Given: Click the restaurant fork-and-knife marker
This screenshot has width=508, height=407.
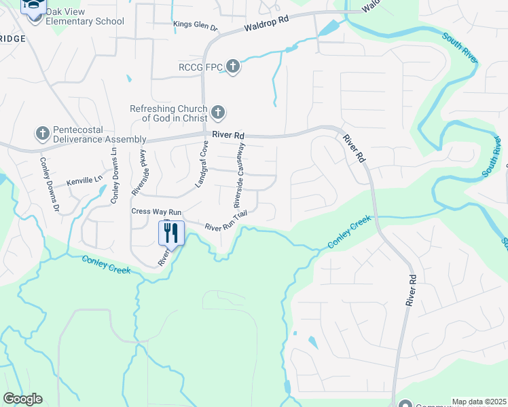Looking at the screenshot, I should point(170,234).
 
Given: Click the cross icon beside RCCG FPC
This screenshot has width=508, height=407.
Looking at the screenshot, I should point(233,66).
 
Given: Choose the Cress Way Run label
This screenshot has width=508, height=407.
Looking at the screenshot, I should point(156,212).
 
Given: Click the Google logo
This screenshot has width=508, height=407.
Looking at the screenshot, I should point(22,399).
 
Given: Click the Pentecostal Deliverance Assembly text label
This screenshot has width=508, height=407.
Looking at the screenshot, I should point(93,134).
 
